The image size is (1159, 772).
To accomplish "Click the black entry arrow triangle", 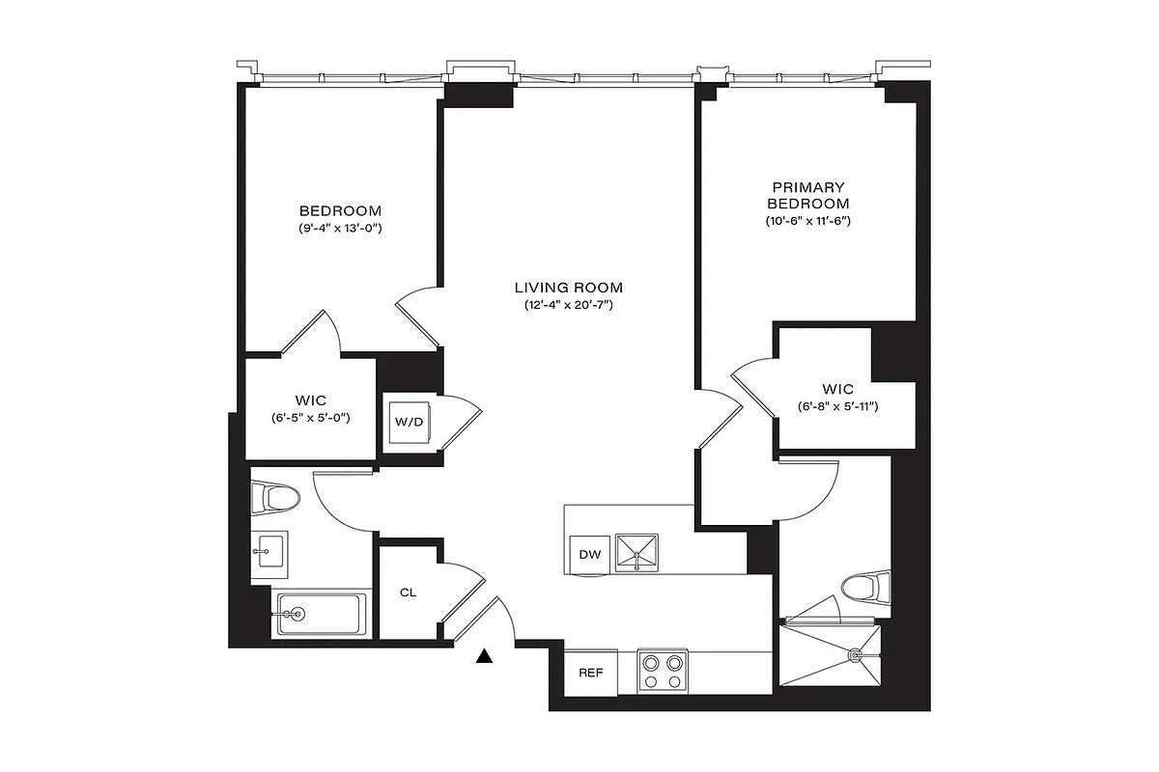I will (485, 657).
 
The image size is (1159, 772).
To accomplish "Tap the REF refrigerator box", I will (590, 673).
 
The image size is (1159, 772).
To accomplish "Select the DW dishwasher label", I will (589, 554).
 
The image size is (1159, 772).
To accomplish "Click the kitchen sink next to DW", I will (637, 552).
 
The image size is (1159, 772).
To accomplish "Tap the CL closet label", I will (408, 593).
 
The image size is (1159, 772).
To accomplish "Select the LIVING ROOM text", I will (568, 288).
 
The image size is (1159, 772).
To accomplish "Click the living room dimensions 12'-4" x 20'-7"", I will (568, 306).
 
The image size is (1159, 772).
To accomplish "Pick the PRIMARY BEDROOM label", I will (808, 195).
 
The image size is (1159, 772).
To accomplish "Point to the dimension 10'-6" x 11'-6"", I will (808, 221).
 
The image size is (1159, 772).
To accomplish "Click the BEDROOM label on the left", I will (340, 210).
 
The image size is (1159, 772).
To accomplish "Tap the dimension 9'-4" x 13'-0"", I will (340, 229).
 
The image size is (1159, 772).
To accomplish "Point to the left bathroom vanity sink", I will (268, 552).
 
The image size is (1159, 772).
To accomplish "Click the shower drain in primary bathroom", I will (854, 654).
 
